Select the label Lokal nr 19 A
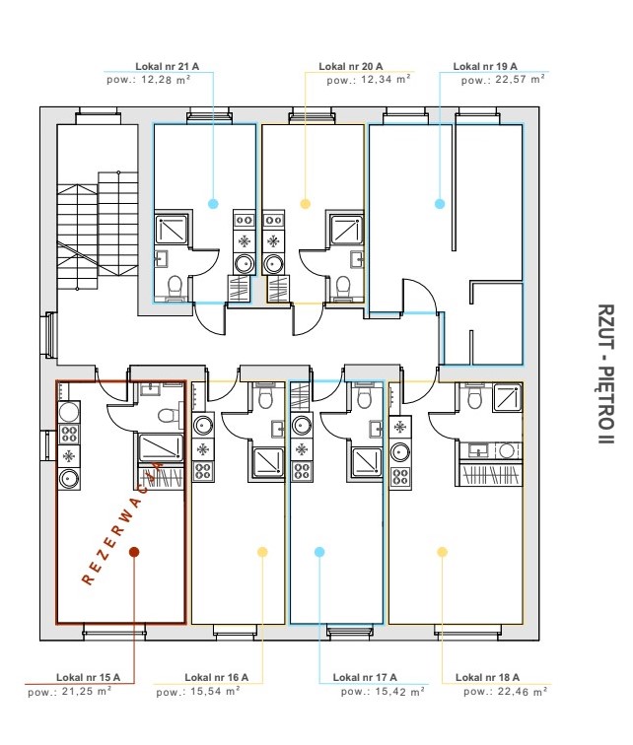click(x=485, y=67)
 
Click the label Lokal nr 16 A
click(x=216, y=678)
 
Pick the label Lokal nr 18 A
click(x=486, y=678)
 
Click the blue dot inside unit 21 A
click(x=213, y=204)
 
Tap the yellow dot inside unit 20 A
click(x=306, y=204)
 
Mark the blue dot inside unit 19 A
click(x=440, y=204)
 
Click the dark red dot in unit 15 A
click(x=135, y=553)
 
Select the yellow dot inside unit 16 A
click(x=262, y=553)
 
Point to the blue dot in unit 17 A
click(x=319, y=553)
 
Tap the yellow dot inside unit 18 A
click(x=442, y=553)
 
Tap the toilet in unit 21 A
click(x=176, y=287)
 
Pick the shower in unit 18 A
click(x=508, y=397)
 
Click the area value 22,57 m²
click(x=504, y=80)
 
